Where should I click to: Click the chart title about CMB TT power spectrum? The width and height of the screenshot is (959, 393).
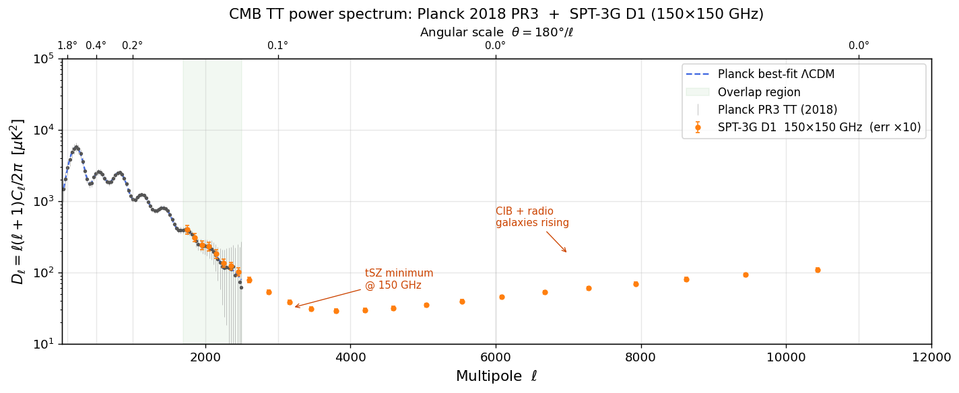tap(496, 14)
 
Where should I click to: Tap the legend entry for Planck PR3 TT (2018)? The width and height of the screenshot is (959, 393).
tap(777, 110)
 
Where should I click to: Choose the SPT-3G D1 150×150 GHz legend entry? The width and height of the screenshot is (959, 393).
tap(819, 127)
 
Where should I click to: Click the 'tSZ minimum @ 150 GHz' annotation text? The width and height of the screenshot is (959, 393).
tap(399, 279)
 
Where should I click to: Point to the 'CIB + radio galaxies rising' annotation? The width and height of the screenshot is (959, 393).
tap(532, 217)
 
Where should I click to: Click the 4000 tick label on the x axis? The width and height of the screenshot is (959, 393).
tap(350, 358)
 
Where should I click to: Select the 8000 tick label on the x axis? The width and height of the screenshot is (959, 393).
tap(640, 358)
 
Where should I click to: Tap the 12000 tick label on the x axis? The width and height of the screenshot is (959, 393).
tap(931, 358)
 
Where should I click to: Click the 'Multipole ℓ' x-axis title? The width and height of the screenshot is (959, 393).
tap(496, 376)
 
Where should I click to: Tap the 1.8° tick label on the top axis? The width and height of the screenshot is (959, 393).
tap(67, 46)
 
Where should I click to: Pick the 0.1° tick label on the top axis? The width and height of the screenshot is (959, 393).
tap(277, 46)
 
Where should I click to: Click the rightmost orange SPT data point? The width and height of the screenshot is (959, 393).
tap(817, 270)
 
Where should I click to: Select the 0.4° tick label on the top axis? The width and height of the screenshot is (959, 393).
tap(96, 46)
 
